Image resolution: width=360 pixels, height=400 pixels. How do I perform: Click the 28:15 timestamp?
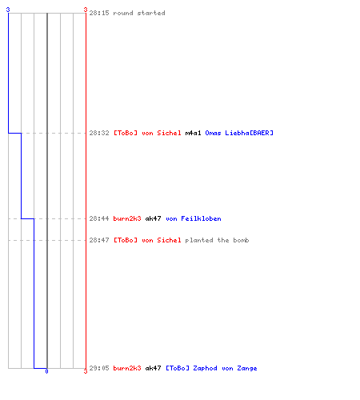pos(99,13)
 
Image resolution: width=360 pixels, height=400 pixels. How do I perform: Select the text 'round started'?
pos(139,13)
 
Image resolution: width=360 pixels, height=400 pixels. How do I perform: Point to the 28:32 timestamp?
pos(99,133)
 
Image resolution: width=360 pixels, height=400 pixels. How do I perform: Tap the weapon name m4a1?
pos(193,133)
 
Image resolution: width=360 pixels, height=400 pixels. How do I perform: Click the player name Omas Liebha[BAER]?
pos(239,133)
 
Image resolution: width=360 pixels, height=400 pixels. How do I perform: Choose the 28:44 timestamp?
pos(99,218)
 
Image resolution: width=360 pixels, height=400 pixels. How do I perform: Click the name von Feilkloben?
pos(194,218)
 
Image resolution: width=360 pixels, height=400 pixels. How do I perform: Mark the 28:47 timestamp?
pos(99,240)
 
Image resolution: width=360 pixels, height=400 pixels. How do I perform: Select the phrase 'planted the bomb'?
pos(217,240)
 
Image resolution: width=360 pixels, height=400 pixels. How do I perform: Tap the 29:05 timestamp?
pos(99,368)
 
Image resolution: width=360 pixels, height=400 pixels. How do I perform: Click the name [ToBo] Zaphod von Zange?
pos(211,368)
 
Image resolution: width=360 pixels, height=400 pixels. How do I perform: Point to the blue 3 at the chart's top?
pos(8,10)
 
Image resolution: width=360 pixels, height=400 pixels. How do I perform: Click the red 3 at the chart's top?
pos(86,10)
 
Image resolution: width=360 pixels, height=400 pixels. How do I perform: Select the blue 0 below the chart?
pos(46,371)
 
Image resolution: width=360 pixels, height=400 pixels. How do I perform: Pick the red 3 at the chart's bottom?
pos(86,371)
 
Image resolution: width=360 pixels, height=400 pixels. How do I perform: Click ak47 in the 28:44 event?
pos(153,218)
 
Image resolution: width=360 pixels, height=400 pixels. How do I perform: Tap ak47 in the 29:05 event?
pos(153,368)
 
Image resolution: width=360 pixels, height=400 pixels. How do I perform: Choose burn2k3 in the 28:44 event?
pos(127,218)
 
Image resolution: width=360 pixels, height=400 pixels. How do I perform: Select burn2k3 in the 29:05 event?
pos(127,368)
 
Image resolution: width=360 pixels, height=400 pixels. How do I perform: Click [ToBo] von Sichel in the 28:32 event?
pos(147,133)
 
